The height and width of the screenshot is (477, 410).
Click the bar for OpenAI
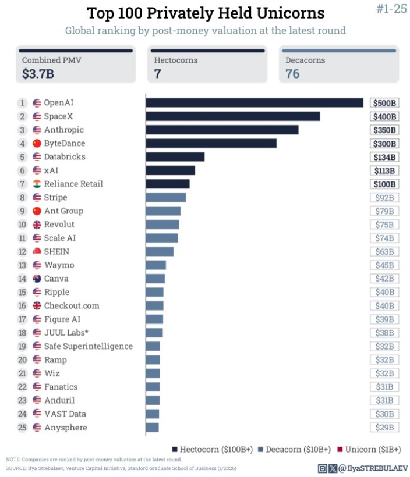(x=254, y=103)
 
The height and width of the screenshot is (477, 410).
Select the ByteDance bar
(x=211, y=143)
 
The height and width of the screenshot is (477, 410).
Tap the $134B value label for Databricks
(x=384, y=157)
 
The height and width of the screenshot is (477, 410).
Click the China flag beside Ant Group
(x=37, y=211)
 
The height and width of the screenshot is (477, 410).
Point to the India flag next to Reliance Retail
(x=37, y=184)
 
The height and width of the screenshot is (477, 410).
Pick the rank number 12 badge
(x=22, y=251)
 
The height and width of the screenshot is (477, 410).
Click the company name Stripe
(x=55, y=197)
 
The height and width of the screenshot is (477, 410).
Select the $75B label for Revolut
(x=384, y=225)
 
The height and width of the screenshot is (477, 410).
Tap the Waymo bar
(x=155, y=265)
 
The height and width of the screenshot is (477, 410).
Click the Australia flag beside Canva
(x=37, y=279)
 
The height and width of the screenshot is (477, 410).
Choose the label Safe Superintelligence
(x=88, y=346)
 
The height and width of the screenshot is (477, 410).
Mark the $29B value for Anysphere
(x=384, y=428)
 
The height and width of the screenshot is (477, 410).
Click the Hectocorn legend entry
(x=213, y=450)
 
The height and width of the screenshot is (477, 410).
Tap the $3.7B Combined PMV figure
(x=38, y=74)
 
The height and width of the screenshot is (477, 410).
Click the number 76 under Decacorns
(x=292, y=74)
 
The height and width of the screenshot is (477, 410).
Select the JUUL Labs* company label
(x=66, y=333)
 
